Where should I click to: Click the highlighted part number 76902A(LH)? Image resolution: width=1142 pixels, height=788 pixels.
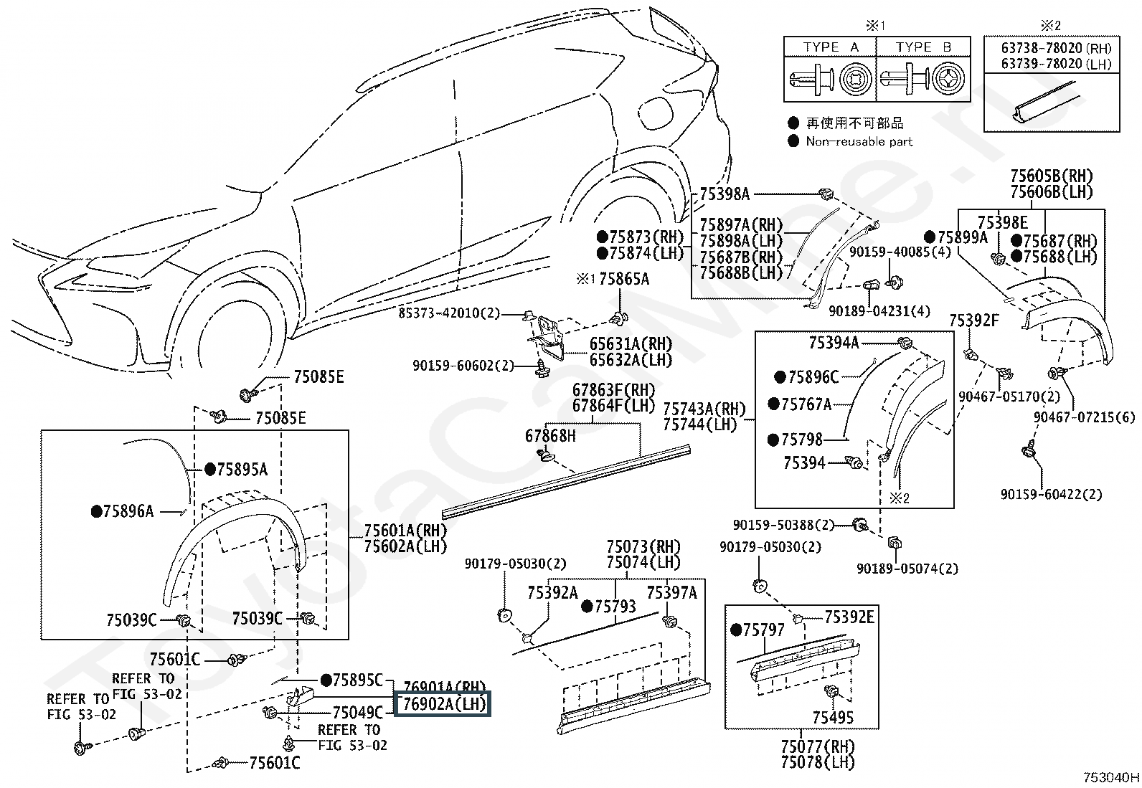(443, 704)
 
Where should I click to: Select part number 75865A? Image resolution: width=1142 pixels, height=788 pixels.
(623, 279)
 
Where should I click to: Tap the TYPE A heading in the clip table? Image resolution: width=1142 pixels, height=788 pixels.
(830, 47)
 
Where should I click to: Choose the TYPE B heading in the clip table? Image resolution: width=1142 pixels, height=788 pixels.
(922, 47)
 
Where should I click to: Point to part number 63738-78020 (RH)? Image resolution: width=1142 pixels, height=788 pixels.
(1056, 49)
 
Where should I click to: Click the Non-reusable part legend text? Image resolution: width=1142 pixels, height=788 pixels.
(859, 142)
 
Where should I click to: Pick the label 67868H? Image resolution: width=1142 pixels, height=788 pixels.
(550, 435)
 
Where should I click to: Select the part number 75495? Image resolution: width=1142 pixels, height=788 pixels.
(833, 717)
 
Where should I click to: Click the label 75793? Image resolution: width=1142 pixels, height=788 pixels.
(614, 607)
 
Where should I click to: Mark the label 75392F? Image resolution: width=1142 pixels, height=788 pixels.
(974, 321)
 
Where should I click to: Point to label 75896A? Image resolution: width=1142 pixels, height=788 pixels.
(128, 511)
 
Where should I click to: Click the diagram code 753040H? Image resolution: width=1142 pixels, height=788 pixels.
(1111, 777)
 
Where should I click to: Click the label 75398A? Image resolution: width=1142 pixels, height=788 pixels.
(725, 193)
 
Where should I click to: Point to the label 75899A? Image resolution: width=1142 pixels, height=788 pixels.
(962, 237)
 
